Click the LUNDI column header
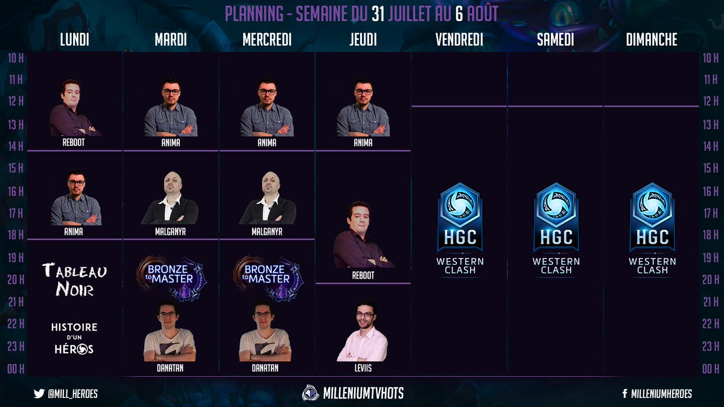tap(75, 40)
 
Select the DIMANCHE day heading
tap(652, 40)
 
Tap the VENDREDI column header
tap(459, 40)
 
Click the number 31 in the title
tap(379, 13)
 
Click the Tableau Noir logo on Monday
tap(75, 280)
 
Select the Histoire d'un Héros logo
tap(75, 338)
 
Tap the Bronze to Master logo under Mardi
tap(171, 278)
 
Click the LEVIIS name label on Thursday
tap(363, 368)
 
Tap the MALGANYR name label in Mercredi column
tap(267, 231)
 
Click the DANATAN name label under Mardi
tap(171, 368)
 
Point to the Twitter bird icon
tap(39, 394)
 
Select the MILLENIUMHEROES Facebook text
tap(661, 394)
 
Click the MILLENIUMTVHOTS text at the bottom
tap(361, 393)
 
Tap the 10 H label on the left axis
tap(16, 58)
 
